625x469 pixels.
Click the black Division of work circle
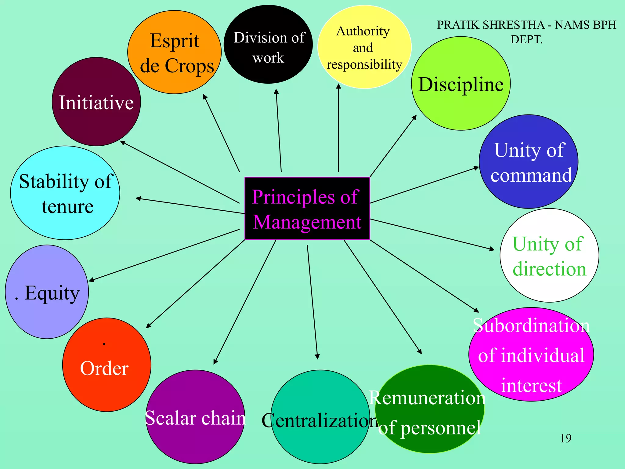(268, 45)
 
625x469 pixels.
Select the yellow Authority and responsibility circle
(364, 47)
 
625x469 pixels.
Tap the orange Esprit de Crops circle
(174, 52)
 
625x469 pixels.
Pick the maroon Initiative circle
(96, 102)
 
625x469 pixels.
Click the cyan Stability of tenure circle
(65, 193)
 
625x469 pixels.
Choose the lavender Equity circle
(47, 292)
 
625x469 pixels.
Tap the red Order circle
(107, 365)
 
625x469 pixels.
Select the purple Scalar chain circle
(195, 417)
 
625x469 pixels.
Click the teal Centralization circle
(320, 417)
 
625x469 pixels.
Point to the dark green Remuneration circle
(429, 409)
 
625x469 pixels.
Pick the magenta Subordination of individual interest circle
(531, 354)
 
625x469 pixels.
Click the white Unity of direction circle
(549, 256)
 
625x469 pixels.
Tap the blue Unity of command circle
(529, 162)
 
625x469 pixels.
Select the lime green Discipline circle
(461, 84)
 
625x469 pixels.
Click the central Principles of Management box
(307, 209)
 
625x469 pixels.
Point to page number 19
(566, 438)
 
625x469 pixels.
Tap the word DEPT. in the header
(526, 40)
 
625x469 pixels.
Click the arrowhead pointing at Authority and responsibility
(338, 86)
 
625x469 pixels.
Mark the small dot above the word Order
(104, 344)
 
